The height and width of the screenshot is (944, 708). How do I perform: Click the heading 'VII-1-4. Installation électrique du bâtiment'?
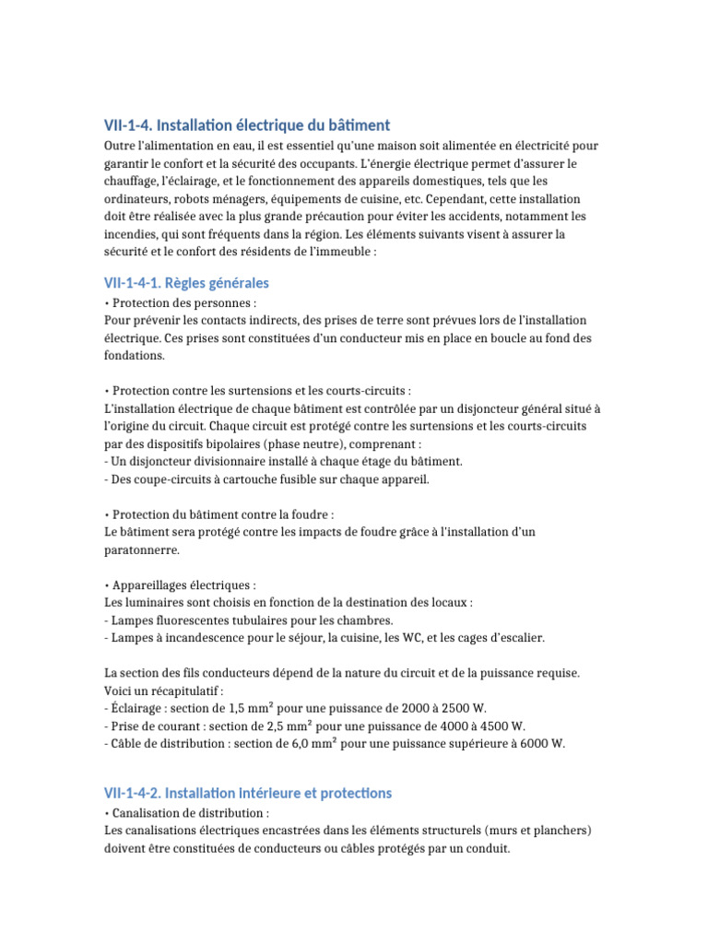(247, 125)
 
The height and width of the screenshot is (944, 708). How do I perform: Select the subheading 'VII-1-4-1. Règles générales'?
(186, 282)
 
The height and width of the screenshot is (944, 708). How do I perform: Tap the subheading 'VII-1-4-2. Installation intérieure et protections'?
(247, 793)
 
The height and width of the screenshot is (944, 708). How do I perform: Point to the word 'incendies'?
(131, 234)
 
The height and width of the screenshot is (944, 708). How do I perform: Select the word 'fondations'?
(135, 356)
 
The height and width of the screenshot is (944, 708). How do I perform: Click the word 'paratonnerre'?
(142, 550)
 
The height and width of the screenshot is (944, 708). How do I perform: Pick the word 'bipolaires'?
(236, 444)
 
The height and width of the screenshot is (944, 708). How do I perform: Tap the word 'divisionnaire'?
(218, 462)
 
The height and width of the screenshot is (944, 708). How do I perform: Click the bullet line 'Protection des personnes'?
(183, 302)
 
